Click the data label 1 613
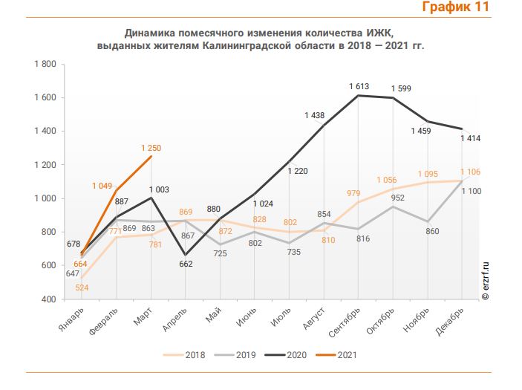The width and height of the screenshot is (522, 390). tap(359, 87)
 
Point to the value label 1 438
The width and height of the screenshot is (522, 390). tap(316, 115)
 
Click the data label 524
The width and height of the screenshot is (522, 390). tap(82, 287)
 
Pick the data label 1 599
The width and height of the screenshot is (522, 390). tap(402, 89)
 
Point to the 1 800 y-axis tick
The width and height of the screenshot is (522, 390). tap(45, 64)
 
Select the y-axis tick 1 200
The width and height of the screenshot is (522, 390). tap(45, 165)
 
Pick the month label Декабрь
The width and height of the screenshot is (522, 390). tap(451, 319)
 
